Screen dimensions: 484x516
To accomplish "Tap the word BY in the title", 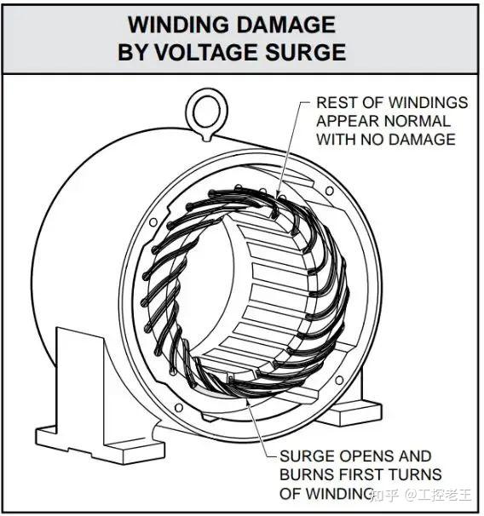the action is pos(133,52).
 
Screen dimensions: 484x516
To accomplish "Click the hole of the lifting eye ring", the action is pos(206,112).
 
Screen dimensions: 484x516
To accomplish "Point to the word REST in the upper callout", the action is pos(337,103).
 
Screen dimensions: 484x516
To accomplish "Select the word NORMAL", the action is pos(418,121).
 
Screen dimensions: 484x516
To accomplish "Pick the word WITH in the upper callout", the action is pos(336,140).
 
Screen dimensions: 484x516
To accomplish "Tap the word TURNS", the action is pos(415,475).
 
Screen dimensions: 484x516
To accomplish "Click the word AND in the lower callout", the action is pos(415,456).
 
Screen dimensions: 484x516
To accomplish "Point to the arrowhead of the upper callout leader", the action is pos(279,193).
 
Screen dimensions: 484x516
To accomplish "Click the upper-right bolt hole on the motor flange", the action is pos(329,191).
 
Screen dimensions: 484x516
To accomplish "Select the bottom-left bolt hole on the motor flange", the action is pos(178,408).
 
